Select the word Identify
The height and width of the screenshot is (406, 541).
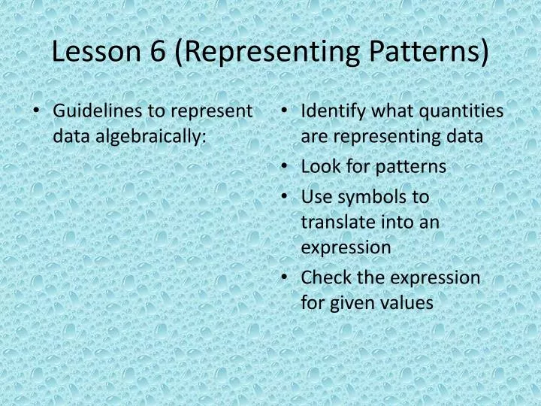[x=331, y=111]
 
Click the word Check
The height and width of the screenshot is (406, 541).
[x=324, y=277]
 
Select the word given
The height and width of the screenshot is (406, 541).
[x=353, y=303]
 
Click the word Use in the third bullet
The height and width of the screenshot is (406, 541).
[x=315, y=197]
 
